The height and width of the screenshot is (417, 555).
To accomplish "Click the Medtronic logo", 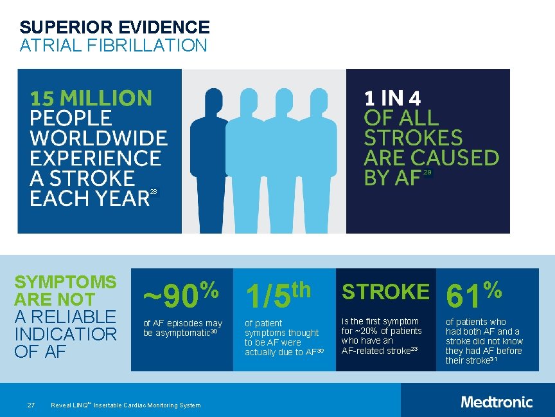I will click(x=497, y=402).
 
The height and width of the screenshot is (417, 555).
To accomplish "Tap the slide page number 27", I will click(x=30, y=405).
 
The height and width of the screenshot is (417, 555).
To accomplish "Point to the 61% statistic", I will click(x=474, y=295).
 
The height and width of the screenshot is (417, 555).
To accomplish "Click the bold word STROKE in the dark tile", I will click(x=385, y=292).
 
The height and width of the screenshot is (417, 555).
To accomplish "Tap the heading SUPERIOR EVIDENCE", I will click(x=114, y=27).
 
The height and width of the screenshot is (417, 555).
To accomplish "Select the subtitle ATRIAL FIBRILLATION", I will click(x=113, y=46).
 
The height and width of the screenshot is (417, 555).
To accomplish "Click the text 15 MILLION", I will click(x=91, y=98).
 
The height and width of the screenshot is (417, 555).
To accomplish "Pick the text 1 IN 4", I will click(x=392, y=98).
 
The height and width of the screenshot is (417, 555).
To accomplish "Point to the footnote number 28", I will click(x=153, y=192).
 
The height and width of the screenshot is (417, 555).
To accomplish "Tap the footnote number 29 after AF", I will click(x=428, y=172).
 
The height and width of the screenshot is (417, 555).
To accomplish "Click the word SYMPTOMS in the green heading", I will click(x=66, y=282).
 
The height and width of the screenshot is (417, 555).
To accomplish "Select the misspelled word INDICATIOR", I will click(x=66, y=335).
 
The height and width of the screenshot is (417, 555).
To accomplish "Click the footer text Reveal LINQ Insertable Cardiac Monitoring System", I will click(x=125, y=405).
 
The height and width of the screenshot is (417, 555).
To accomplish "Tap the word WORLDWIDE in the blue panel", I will click(x=98, y=138).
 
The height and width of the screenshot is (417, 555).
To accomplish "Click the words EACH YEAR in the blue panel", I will click(x=89, y=198).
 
